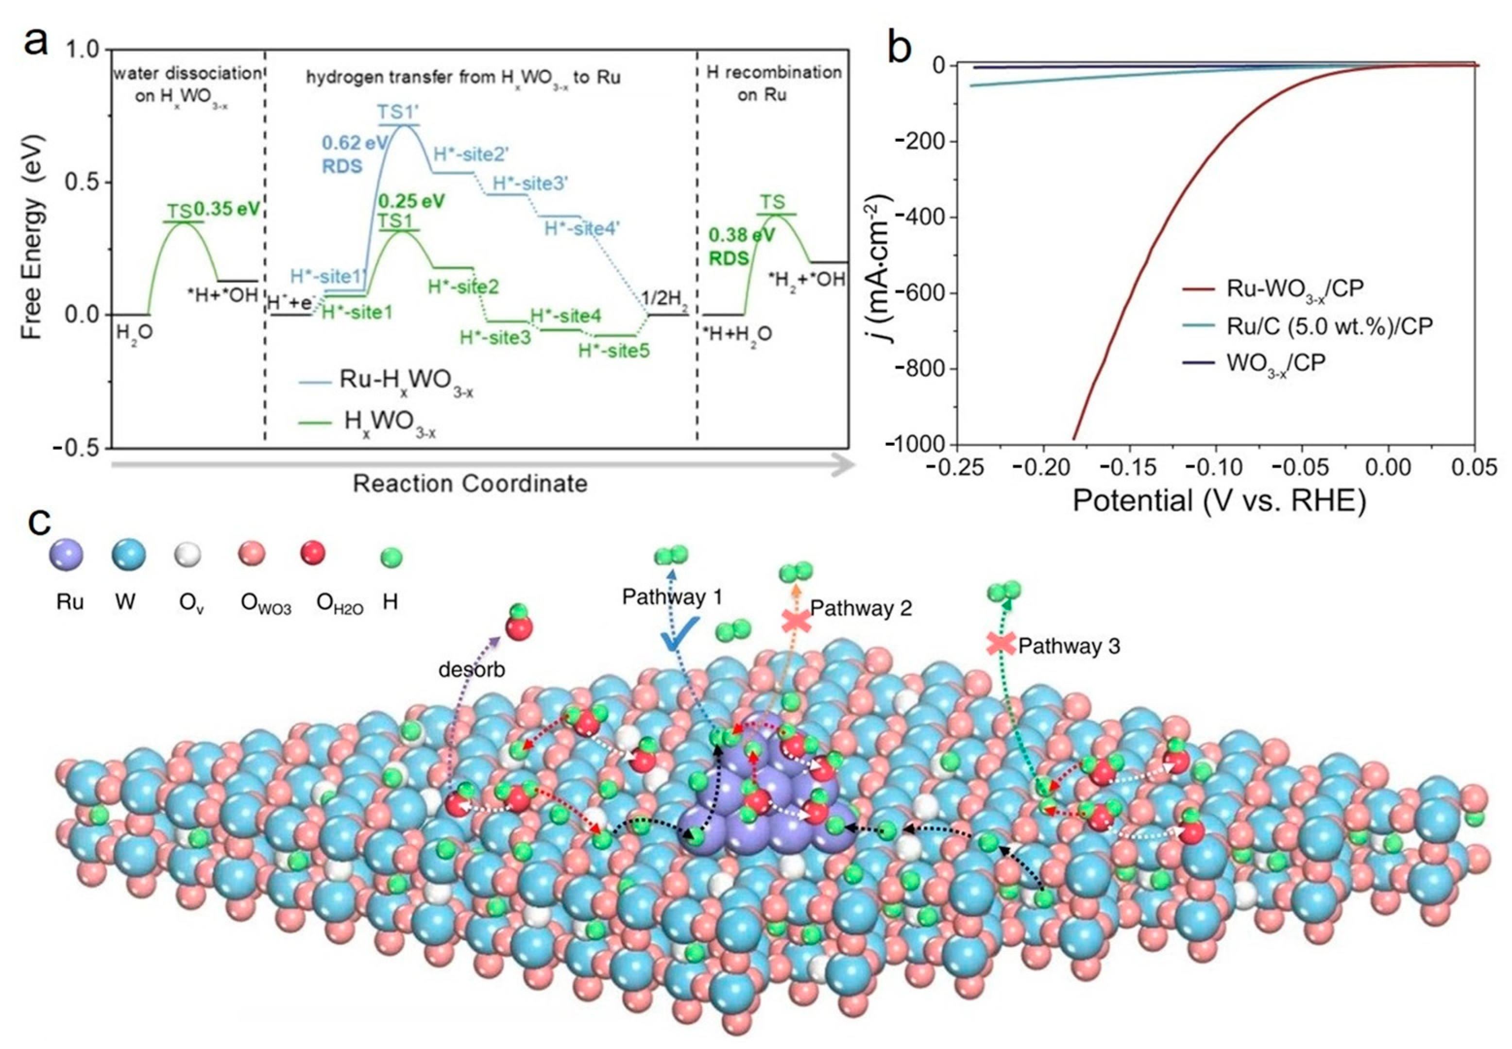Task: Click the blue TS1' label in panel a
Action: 398,112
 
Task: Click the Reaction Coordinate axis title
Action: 469,483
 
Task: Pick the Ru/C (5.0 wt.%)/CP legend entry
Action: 1328,326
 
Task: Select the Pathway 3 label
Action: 1068,646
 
